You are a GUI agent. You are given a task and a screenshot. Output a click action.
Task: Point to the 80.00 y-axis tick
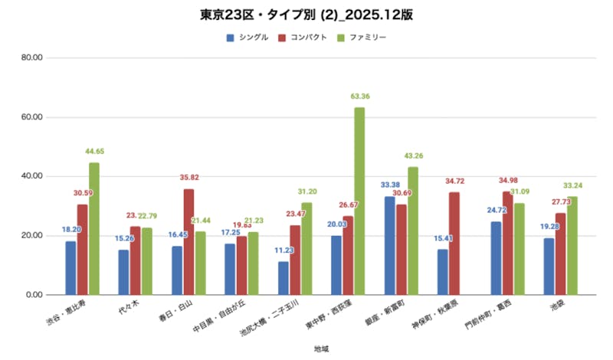[x=32, y=58]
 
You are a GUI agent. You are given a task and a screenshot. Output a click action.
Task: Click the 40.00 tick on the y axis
[x=32, y=176]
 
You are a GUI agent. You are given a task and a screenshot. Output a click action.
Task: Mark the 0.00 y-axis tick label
[x=35, y=294]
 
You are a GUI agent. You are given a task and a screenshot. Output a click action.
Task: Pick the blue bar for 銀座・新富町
[x=390, y=245]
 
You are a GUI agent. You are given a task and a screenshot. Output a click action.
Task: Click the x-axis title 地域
[x=322, y=349]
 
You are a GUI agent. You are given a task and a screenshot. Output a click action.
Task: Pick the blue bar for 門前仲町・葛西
[x=496, y=257]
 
